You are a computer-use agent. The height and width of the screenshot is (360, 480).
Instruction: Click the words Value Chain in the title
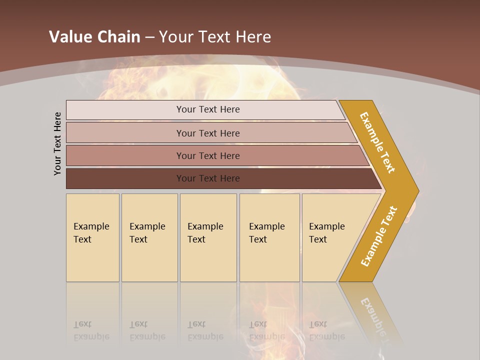(x=94, y=37)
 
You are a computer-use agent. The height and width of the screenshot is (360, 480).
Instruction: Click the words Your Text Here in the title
(x=215, y=37)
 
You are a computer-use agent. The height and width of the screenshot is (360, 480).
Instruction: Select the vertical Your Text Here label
(x=58, y=143)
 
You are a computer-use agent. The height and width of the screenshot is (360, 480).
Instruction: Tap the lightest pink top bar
(x=207, y=109)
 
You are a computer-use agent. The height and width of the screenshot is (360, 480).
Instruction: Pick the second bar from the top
(x=207, y=133)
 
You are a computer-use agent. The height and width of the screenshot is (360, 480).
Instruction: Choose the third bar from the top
(x=207, y=155)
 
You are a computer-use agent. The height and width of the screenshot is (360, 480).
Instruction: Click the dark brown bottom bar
(x=207, y=178)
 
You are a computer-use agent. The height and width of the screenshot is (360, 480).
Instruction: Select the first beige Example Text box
(x=92, y=237)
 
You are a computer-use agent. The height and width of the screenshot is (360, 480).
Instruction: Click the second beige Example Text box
(x=149, y=237)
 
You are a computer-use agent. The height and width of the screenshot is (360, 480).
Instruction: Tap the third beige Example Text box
(x=207, y=237)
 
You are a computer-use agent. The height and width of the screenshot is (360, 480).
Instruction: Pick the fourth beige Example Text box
(x=269, y=237)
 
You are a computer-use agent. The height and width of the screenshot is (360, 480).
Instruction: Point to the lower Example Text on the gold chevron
(x=379, y=236)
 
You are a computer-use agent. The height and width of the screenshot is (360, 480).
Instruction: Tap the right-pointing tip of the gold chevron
(x=416, y=191)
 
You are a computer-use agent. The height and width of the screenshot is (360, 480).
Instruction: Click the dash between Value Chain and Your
(x=149, y=37)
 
